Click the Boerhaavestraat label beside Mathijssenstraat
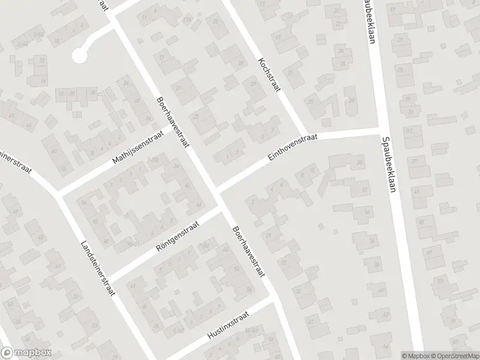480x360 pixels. point(172,124)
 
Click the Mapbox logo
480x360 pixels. point(26,353)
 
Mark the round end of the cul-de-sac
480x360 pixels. point(79,55)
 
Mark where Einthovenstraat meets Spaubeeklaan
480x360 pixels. point(379,128)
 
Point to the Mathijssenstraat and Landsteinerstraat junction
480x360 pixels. point(60,194)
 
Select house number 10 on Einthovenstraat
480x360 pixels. point(313,170)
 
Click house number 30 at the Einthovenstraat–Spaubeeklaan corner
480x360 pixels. point(360,163)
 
